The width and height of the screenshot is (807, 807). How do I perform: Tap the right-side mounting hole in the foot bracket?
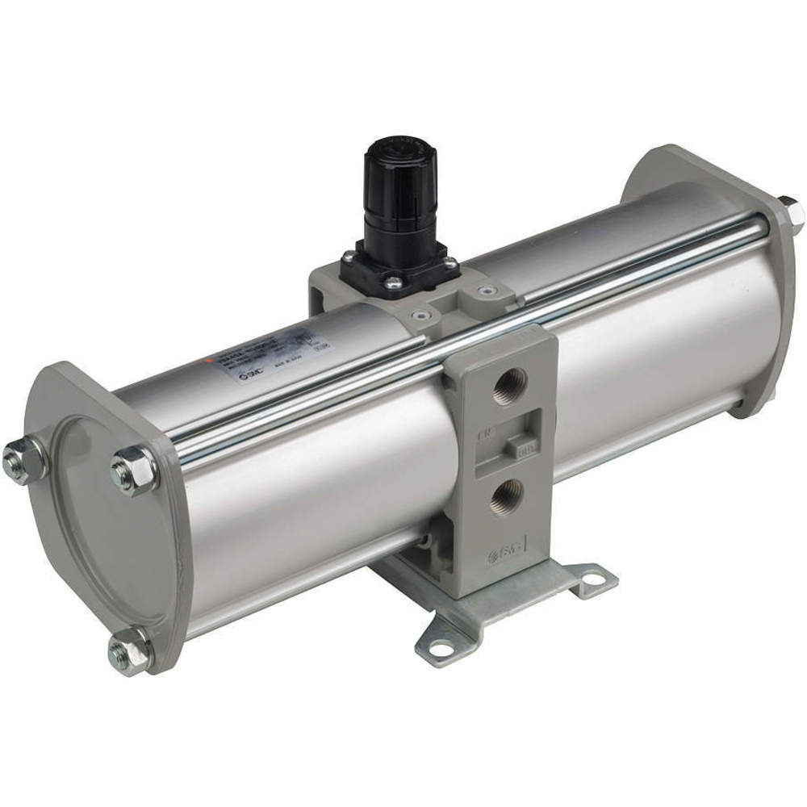coord(595,579)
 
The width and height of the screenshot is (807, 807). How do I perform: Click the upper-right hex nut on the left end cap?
coord(131,470)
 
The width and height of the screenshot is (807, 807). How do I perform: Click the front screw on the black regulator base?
coord(392,282)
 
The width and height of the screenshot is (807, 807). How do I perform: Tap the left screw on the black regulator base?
coord(349,257)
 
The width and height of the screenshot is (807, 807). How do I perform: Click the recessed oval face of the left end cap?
coord(113,525)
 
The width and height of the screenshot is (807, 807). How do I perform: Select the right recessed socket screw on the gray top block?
coord(485,291)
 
